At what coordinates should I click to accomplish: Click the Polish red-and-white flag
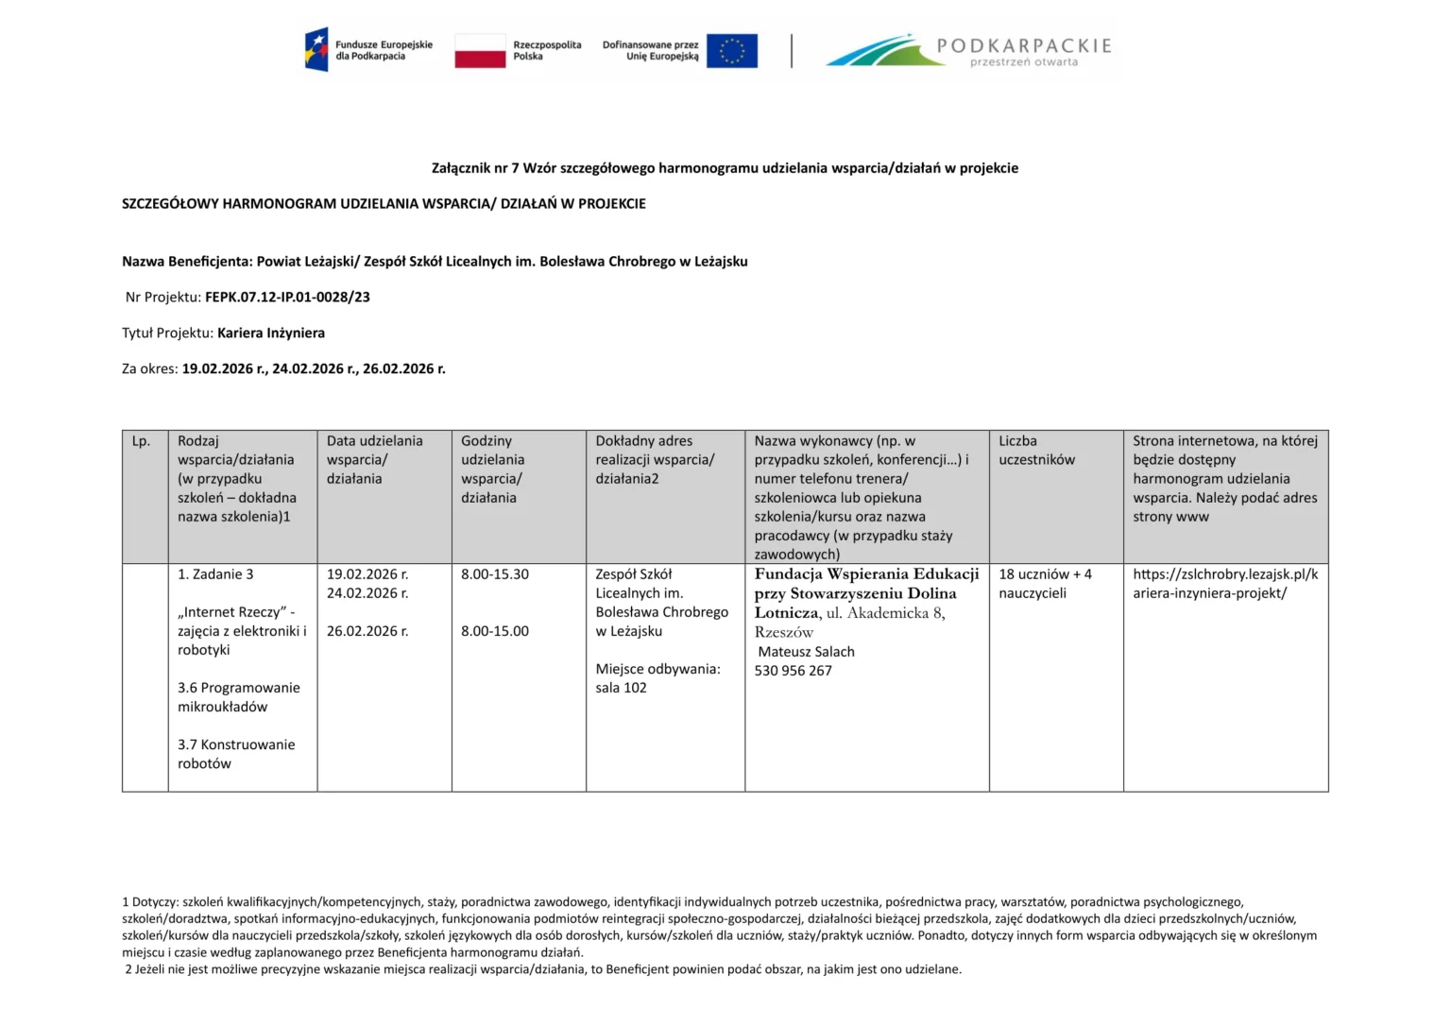(480, 51)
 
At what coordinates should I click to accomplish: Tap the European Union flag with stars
(731, 51)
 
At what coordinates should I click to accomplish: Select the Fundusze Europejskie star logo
(316, 50)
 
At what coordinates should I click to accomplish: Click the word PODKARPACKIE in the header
(1024, 45)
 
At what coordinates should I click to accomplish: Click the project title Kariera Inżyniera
(271, 333)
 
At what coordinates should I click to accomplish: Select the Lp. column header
(142, 441)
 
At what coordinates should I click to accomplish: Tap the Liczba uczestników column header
(1036, 451)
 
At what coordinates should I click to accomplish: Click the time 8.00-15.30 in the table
(495, 574)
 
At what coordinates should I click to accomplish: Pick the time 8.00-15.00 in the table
(495, 631)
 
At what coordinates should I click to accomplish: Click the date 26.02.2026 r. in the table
(367, 631)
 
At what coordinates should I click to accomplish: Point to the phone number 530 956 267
(793, 671)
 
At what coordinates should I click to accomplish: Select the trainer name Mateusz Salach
(806, 652)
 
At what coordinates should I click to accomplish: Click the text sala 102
(621, 688)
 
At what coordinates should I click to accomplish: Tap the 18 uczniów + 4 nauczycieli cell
(1045, 584)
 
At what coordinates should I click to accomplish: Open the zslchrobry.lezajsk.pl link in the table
(1225, 584)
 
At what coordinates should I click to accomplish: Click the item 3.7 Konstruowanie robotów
(236, 754)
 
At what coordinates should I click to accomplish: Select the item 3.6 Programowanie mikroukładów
(238, 697)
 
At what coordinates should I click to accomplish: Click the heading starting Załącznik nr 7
(725, 168)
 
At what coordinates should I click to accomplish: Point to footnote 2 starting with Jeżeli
(543, 969)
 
